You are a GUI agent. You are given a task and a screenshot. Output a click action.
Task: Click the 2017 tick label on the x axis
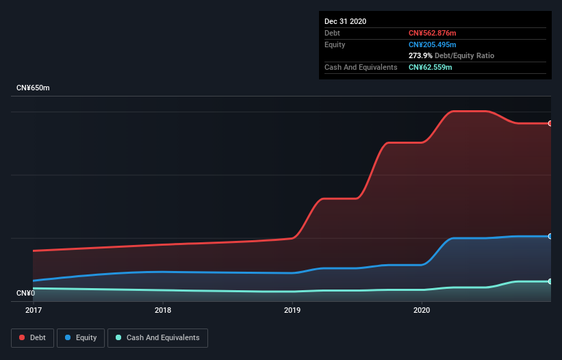click(x=33, y=310)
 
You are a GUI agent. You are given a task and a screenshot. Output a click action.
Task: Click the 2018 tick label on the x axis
click(x=163, y=310)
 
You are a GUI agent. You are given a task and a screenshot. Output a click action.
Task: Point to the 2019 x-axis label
click(x=292, y=310)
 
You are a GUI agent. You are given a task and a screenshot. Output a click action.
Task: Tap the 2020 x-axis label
click(x=422, y=310)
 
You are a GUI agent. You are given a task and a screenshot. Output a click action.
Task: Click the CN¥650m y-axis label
click(x=33, y=88)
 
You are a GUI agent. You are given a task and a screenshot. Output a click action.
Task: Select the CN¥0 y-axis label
click(x=25, y=293)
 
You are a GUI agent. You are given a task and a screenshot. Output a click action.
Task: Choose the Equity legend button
click(x=81, y=337)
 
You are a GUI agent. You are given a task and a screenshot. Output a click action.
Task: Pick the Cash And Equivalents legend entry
click(x=157, y=337)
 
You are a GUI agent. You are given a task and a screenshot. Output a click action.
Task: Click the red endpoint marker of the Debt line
click(x=550, y=123)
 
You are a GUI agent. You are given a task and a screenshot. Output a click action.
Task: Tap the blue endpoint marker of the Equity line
click(x=550, y=236)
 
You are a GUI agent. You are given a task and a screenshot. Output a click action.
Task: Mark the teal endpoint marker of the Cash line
click(x=550, y=281)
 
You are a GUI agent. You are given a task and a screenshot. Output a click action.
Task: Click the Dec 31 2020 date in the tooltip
click(x=345, y=21)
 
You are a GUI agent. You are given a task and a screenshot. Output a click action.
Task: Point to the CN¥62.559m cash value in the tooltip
click(x=431, y=67)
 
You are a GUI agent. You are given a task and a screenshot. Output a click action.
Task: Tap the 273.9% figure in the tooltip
click(x=420, y=55)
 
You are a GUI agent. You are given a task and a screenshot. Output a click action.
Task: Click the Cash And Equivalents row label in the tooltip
click(x=361, y=67)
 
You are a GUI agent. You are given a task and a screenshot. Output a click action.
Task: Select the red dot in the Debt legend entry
click(x=23, y=337)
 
